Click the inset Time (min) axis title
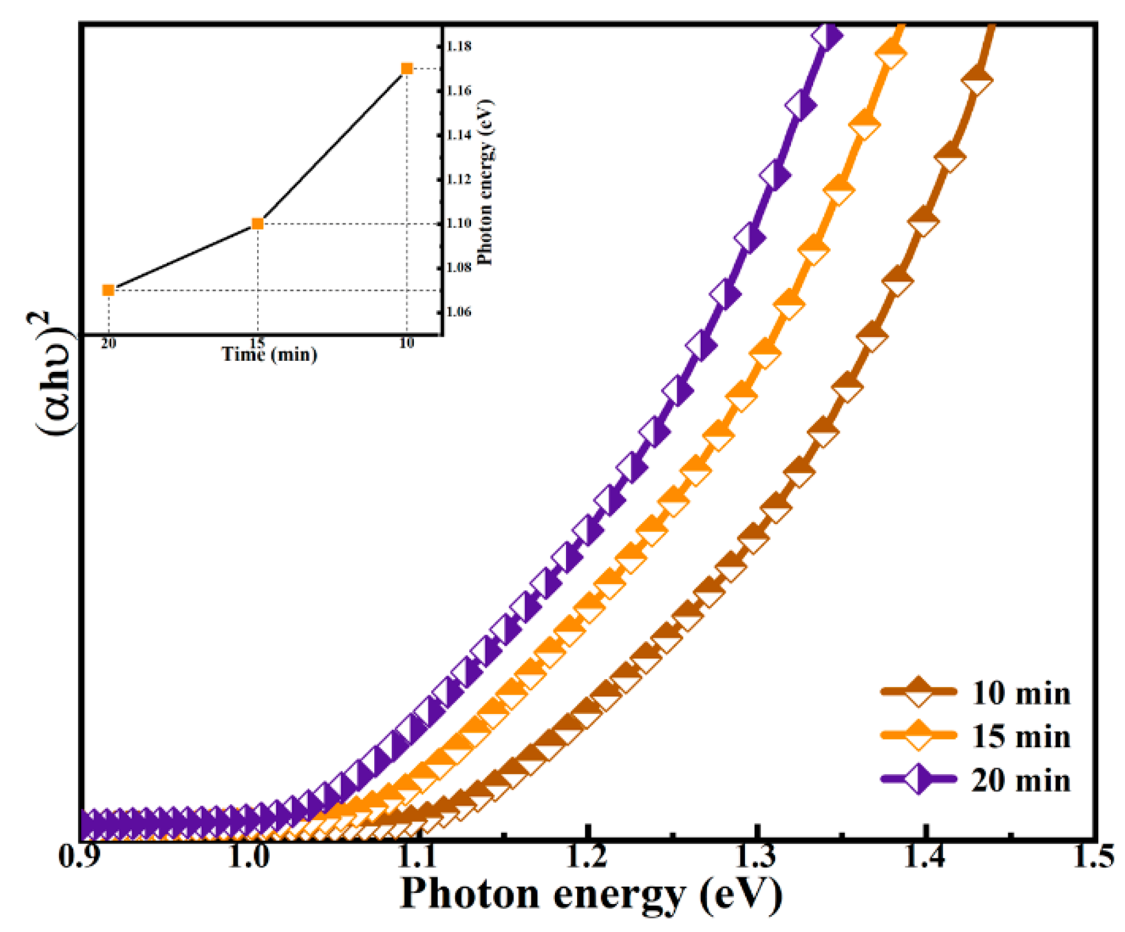[269, 354]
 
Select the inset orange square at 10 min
[407, 69]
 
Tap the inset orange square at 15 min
[257, 224]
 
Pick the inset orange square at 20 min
[108, 290]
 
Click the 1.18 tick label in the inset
[459, 46]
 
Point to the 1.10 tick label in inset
[459, 223]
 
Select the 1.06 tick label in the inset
[459, 312]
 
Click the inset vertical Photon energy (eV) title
[485, 182]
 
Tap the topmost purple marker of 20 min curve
[826, 37]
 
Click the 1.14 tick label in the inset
[459, 135]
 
